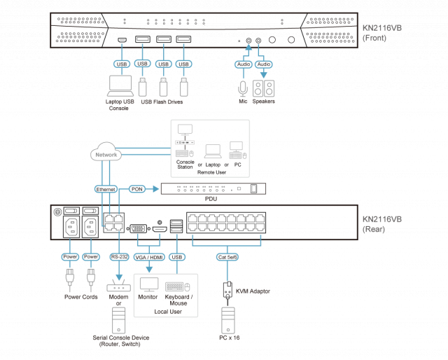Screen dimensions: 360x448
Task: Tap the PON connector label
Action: pos(137,188)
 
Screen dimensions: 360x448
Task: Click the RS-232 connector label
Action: pos(119,256)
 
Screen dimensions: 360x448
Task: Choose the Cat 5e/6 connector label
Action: pos(227,256)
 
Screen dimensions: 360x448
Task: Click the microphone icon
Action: pos(243,88)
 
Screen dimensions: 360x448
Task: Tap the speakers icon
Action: pos(264,88)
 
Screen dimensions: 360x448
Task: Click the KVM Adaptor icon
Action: pos(227,289)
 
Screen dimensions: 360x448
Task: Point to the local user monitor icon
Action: pos(149,284)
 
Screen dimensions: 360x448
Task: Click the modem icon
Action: pos(118,286)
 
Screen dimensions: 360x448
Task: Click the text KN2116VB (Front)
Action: pos(381,33)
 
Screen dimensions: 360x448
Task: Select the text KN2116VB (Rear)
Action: pos(381,223)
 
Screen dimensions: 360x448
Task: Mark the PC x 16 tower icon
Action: pos(227,319)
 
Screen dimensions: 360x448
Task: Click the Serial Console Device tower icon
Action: pos(118,321)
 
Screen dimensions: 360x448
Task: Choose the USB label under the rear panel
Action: pos(177,256)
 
